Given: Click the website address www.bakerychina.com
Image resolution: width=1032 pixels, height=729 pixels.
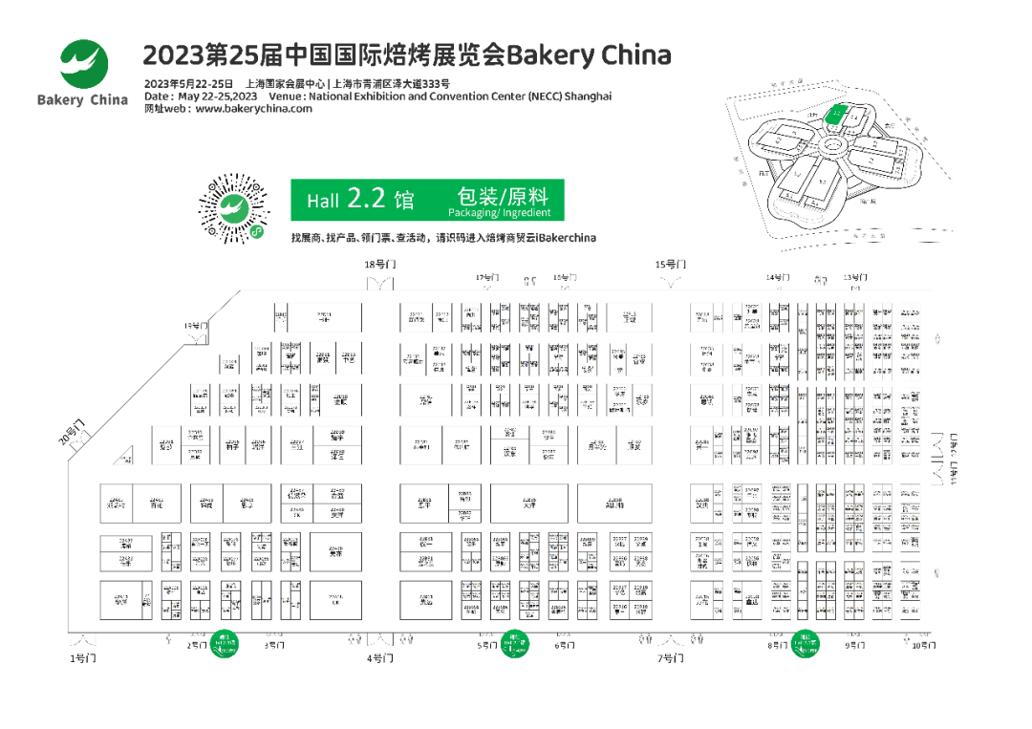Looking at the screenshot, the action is coord(253,109).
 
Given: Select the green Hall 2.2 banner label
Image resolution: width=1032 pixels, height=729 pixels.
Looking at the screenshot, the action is coord(360,200).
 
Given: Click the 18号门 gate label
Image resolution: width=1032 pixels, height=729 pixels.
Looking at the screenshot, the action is coord(378,264).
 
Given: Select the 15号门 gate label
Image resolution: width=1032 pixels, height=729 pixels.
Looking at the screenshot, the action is coord(670,264).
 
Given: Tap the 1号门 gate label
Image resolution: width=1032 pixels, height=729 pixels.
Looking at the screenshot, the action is coord(83,658).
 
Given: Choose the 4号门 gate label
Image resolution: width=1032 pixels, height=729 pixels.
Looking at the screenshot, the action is coord(379,658).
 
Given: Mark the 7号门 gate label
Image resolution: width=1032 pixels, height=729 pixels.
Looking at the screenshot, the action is coord(670,658).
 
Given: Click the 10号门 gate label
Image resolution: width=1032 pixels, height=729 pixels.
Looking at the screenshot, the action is coord(923,646).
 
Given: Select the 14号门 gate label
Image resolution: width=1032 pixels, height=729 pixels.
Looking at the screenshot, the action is coord(777,277).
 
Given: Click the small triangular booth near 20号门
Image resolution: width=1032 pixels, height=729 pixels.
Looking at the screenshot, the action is coord(124,459).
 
